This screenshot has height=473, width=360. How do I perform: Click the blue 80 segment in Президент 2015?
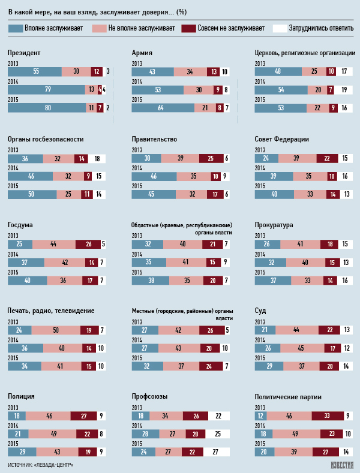[47, 108]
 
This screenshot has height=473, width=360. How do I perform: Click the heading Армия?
[142, 53]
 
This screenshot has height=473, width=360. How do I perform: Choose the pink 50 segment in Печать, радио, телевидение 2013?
[55, 330]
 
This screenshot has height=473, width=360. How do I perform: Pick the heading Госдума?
[20, 225]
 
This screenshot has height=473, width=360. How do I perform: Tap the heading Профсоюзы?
[150, 396]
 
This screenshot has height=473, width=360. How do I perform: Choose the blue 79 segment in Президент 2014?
[47, 89]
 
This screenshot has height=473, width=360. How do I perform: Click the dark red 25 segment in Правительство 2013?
[204, 158]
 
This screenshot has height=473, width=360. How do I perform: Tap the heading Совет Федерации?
[282, 140]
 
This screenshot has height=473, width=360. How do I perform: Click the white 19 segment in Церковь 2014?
[343, 89]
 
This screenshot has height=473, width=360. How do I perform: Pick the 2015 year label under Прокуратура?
[260, 272]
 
